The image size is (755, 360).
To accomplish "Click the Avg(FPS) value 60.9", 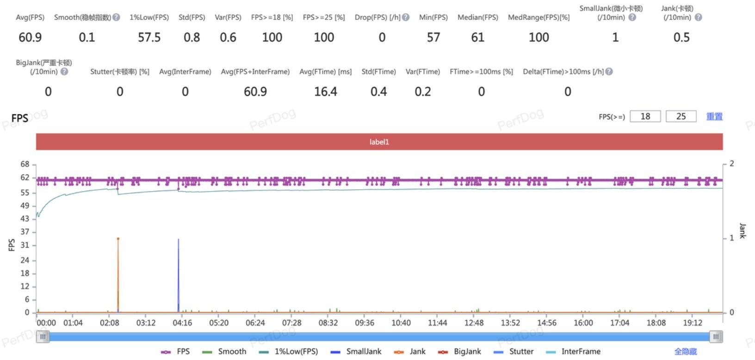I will tap(30, 37).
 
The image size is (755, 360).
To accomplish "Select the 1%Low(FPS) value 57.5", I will tap(149, 37).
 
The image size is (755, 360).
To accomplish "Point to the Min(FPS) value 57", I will tap(433, 37).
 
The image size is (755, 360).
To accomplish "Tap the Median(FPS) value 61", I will tap(477, 37).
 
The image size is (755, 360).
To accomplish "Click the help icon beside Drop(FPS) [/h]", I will tap(406, 18).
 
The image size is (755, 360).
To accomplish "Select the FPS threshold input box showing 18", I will tap(645, 117).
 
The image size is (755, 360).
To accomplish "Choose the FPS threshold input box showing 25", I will tap(681, 117).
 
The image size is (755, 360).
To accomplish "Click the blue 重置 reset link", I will tap(714, 117).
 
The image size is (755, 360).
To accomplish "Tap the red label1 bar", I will tap(379, 142).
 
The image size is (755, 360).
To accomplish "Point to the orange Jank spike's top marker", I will tap(118, 239).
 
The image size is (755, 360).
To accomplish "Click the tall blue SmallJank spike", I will tap(179, 273).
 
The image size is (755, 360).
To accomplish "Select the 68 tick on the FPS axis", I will tap(25, 164).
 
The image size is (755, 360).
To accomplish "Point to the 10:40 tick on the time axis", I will tap(401, 323).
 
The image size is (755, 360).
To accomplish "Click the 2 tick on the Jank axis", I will tap(731, 164).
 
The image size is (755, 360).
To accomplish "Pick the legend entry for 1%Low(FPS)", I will tap(289, 352).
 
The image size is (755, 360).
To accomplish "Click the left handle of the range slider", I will tap(43, 337).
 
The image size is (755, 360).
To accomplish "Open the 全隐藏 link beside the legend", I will tap(685, 352).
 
